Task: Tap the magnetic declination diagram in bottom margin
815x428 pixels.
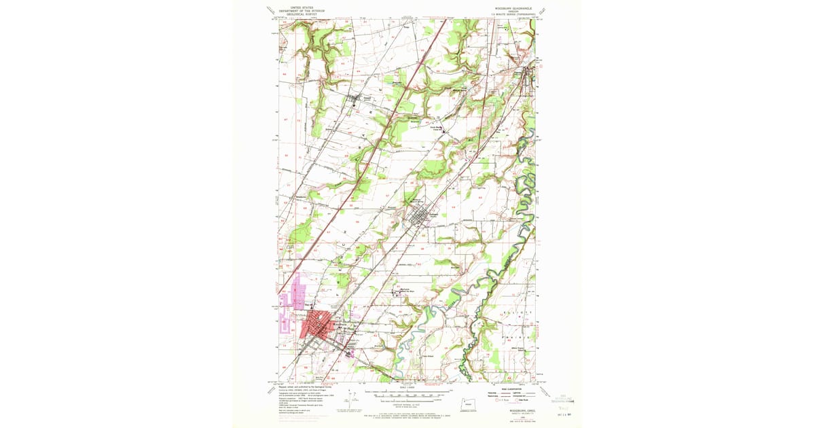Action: [350, 397]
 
